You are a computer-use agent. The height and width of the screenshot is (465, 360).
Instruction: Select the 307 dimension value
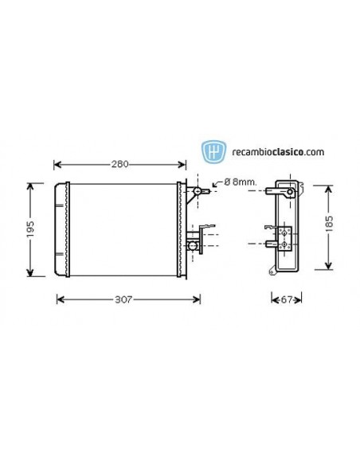(122, 299)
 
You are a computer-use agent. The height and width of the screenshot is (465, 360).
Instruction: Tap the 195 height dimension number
(30, 230)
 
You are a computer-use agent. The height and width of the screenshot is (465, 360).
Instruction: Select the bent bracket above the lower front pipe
(207, 229)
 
